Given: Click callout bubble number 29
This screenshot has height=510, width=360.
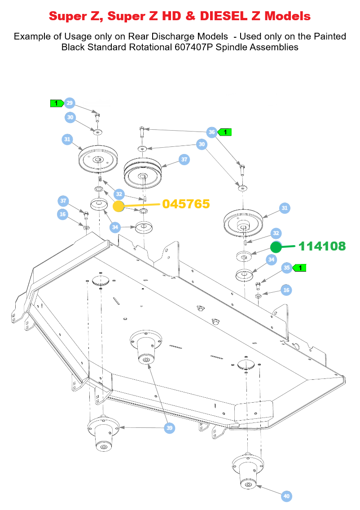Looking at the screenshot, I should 69,103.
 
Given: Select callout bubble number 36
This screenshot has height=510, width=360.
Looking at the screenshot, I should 212,132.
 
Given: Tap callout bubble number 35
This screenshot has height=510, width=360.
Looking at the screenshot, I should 286,268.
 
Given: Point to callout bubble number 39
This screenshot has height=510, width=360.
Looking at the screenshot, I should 169,428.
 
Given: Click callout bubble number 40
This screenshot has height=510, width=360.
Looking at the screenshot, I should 286,496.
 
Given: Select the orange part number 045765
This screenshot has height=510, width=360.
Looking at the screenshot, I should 186,204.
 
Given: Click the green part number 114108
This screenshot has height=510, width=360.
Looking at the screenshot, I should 322,246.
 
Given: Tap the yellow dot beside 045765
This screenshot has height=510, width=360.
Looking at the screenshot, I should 119,207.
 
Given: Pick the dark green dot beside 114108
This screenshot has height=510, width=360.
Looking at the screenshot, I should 276,247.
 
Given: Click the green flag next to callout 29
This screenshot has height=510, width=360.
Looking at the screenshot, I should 57,103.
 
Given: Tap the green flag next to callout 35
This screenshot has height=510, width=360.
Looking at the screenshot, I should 299,268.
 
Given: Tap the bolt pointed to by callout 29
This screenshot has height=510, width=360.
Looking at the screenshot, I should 97,118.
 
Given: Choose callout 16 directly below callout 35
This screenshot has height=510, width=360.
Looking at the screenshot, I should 286,290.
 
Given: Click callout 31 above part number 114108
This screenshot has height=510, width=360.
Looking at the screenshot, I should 284,208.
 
